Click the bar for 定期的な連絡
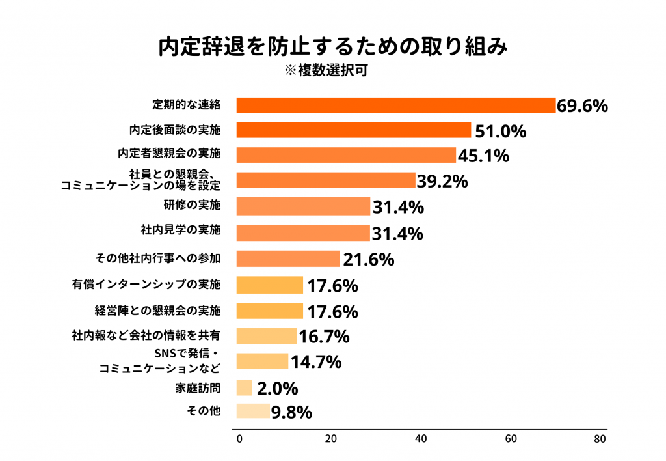click(395, 105)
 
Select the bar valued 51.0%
click(353, 130)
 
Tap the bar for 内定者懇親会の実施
click(346, 155)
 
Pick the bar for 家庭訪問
click(244, 388)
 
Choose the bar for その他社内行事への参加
click(288, 258)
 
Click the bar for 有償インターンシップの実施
click(270, 285)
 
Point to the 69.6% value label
click(582, 105)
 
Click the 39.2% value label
click(442, 182)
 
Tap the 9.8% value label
click(292, 412)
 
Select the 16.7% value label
click(324, 337)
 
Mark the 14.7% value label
click(315, 362)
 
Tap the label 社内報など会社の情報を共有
click(146, 336)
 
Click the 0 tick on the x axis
click(239, 439)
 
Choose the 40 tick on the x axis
click(421, 439)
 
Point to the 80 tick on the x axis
click(600, 439)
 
